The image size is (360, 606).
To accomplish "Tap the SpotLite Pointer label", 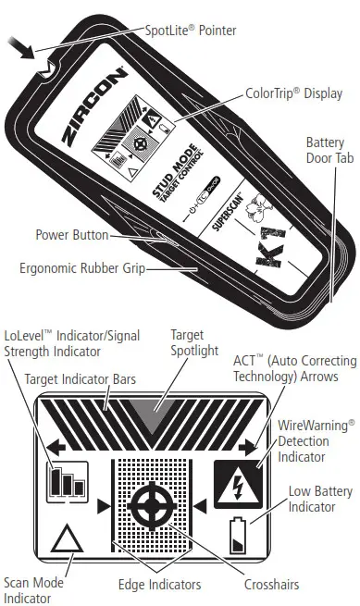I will tap(192, 31).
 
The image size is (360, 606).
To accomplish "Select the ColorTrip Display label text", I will tap(293, 93).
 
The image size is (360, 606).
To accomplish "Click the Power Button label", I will tap(71, 235).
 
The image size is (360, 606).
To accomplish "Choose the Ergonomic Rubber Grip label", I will tap(81, 268).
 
